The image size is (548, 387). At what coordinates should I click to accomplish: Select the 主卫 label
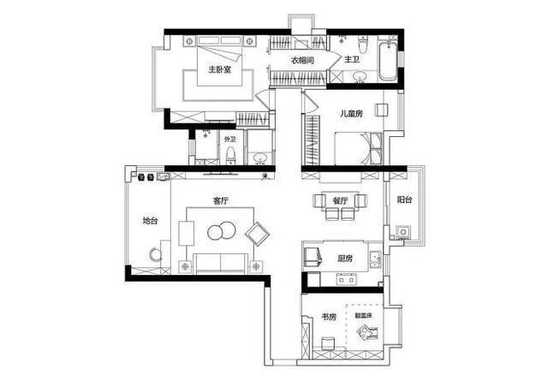[x=352, y=60]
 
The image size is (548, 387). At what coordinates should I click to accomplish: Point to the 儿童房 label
[x=352, y=114]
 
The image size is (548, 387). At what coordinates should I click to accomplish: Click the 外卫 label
[x=229, y=139]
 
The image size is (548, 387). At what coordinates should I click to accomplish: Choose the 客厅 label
[x=221, y=201]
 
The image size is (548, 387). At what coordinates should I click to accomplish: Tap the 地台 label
[x=150, y=220]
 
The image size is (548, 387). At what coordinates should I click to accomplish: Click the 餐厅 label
[x=340, y=201]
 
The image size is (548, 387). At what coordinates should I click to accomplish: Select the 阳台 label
[x=405, y=199]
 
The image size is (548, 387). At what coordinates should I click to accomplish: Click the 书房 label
[x=329, y=317]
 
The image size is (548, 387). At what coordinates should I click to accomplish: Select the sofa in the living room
[x=220, y=261]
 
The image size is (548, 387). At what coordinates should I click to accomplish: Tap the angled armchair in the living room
[x=256, y=233]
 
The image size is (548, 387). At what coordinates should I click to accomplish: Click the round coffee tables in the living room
[x=222, y=231]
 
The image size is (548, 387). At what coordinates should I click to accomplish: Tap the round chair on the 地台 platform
[x=153, y=254]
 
